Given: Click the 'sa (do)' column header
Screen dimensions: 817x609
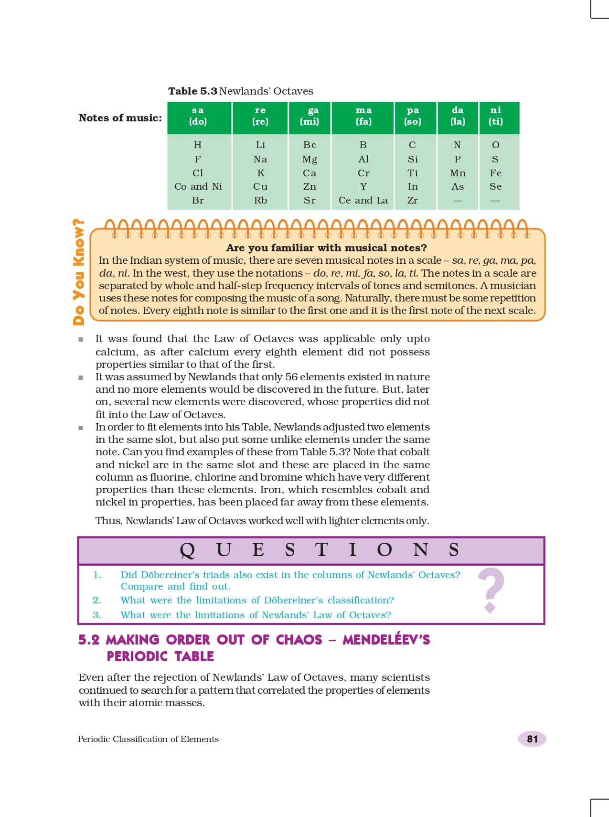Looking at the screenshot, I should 198,116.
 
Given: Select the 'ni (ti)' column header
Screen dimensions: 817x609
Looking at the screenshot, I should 495,116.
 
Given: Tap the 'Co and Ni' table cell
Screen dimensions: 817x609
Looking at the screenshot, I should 198,187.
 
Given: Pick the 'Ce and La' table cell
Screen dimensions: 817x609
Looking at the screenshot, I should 363,201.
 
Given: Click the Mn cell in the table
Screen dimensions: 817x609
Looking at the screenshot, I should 458,173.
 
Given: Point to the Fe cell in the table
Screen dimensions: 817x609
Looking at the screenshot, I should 495,173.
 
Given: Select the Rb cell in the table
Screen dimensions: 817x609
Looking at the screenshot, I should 260,201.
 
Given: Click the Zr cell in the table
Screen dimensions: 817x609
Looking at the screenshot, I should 413,201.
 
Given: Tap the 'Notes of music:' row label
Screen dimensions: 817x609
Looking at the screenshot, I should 120,118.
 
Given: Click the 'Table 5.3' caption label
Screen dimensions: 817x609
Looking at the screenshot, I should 192,91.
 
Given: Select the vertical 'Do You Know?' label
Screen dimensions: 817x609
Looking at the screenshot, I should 79,272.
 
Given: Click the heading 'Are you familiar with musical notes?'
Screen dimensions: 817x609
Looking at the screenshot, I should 326,247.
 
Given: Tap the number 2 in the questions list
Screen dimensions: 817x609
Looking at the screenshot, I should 97,601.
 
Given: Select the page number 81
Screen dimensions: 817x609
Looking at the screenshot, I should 532,739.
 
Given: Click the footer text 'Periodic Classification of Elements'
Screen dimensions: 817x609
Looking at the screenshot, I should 148,739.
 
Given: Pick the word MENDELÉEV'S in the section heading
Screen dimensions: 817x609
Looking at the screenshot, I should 386,640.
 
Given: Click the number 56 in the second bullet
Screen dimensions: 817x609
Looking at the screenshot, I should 291,377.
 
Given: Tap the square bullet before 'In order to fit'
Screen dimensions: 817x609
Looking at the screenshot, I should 81,428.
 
